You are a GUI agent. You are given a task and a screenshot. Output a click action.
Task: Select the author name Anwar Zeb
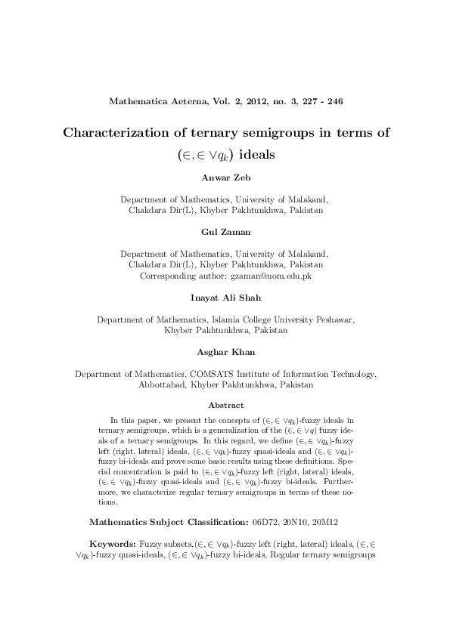pos(225,178)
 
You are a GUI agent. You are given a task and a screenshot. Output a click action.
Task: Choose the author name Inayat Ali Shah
pos(225,299)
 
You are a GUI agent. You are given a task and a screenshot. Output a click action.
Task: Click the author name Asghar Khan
pos(225,351)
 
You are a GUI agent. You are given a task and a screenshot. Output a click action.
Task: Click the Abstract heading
pos(225,405)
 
